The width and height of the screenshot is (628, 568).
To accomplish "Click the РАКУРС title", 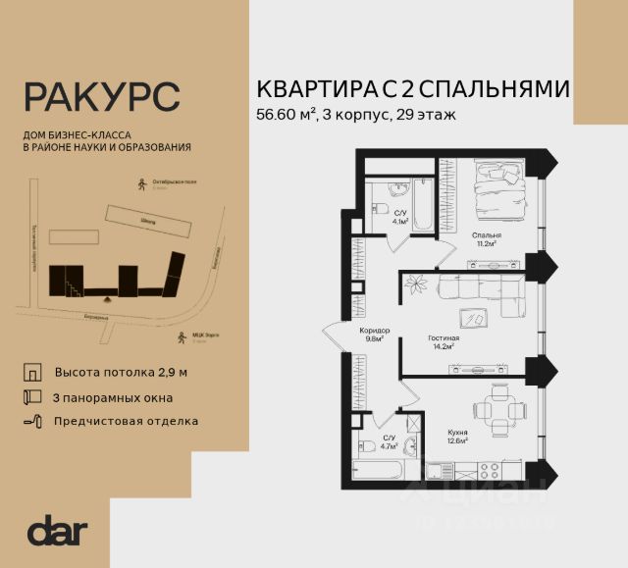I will tap(101, 98).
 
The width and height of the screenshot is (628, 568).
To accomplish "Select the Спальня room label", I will tap(486, 236).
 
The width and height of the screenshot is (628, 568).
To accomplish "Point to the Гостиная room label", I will tap(444, 338).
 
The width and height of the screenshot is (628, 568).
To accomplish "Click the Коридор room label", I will tap(374, 331).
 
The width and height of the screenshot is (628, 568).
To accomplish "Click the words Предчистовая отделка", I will tap(127, 421).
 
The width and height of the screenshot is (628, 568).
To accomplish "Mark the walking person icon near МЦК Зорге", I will tap(180, 338).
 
